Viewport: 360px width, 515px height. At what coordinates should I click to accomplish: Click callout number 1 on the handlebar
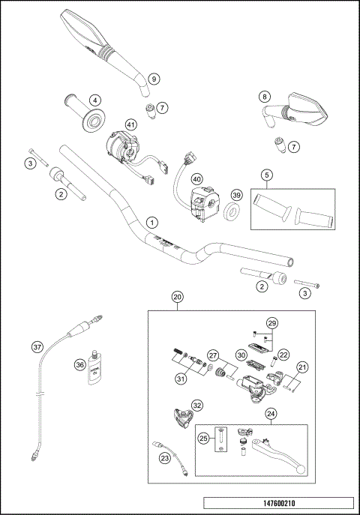pyautogui.click(x=153, y=223)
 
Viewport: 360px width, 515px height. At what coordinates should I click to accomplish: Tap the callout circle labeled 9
pyautogui.click(x=153, y=79)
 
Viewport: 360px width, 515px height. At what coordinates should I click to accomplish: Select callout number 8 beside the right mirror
pyautogui.click(x=264, y=97)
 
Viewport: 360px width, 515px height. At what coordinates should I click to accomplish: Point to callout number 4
pyautogui.click(x=96, y=100)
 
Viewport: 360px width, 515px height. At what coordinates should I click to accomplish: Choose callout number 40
pyautogui.click(x=196, y=179)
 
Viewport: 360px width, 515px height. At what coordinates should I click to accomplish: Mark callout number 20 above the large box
pyautogui.click(x=178, y=298)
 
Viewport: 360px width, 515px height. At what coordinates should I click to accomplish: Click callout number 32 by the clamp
pyautogui.click(x=197, y=405)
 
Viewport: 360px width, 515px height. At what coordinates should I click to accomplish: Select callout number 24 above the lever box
pyautogui.click(x=270, y=412)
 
